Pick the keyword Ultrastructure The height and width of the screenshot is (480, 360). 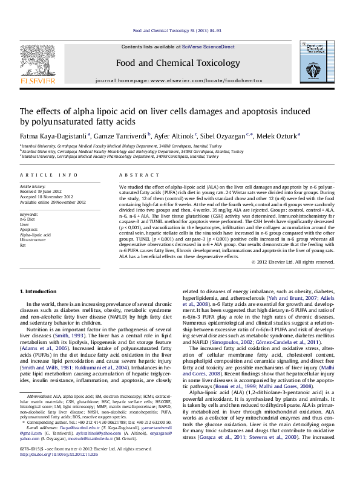[32, 241]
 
